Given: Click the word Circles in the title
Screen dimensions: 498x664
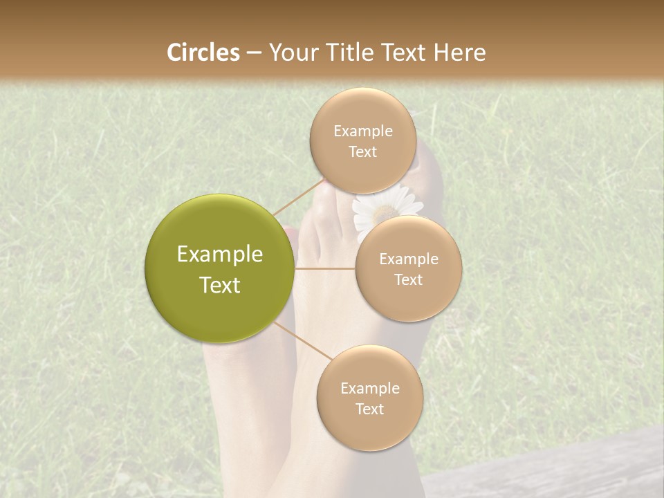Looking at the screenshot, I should pyautogui.click(x=203, y=53).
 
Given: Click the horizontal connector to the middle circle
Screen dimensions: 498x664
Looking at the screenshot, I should pyautogui.click(x=324, y=268).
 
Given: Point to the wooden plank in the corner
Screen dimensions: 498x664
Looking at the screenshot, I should pyautogui.click(x=553, y=470).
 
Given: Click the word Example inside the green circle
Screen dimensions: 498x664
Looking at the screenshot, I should pyautogui.click(x=220, y=255).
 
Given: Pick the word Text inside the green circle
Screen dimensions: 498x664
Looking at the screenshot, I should pyautogui.click(x=220, y=285).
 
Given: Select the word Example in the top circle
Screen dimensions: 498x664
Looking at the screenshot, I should pyautogui.click(x=363, y=131).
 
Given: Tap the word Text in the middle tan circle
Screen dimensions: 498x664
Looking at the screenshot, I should pyautogui.click(x=409, y=280).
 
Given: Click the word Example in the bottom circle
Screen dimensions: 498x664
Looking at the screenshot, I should pyautogui.click(x=370, y=389).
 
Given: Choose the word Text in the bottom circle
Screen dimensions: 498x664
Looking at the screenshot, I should pyautogui.click(x=370, y=409).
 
